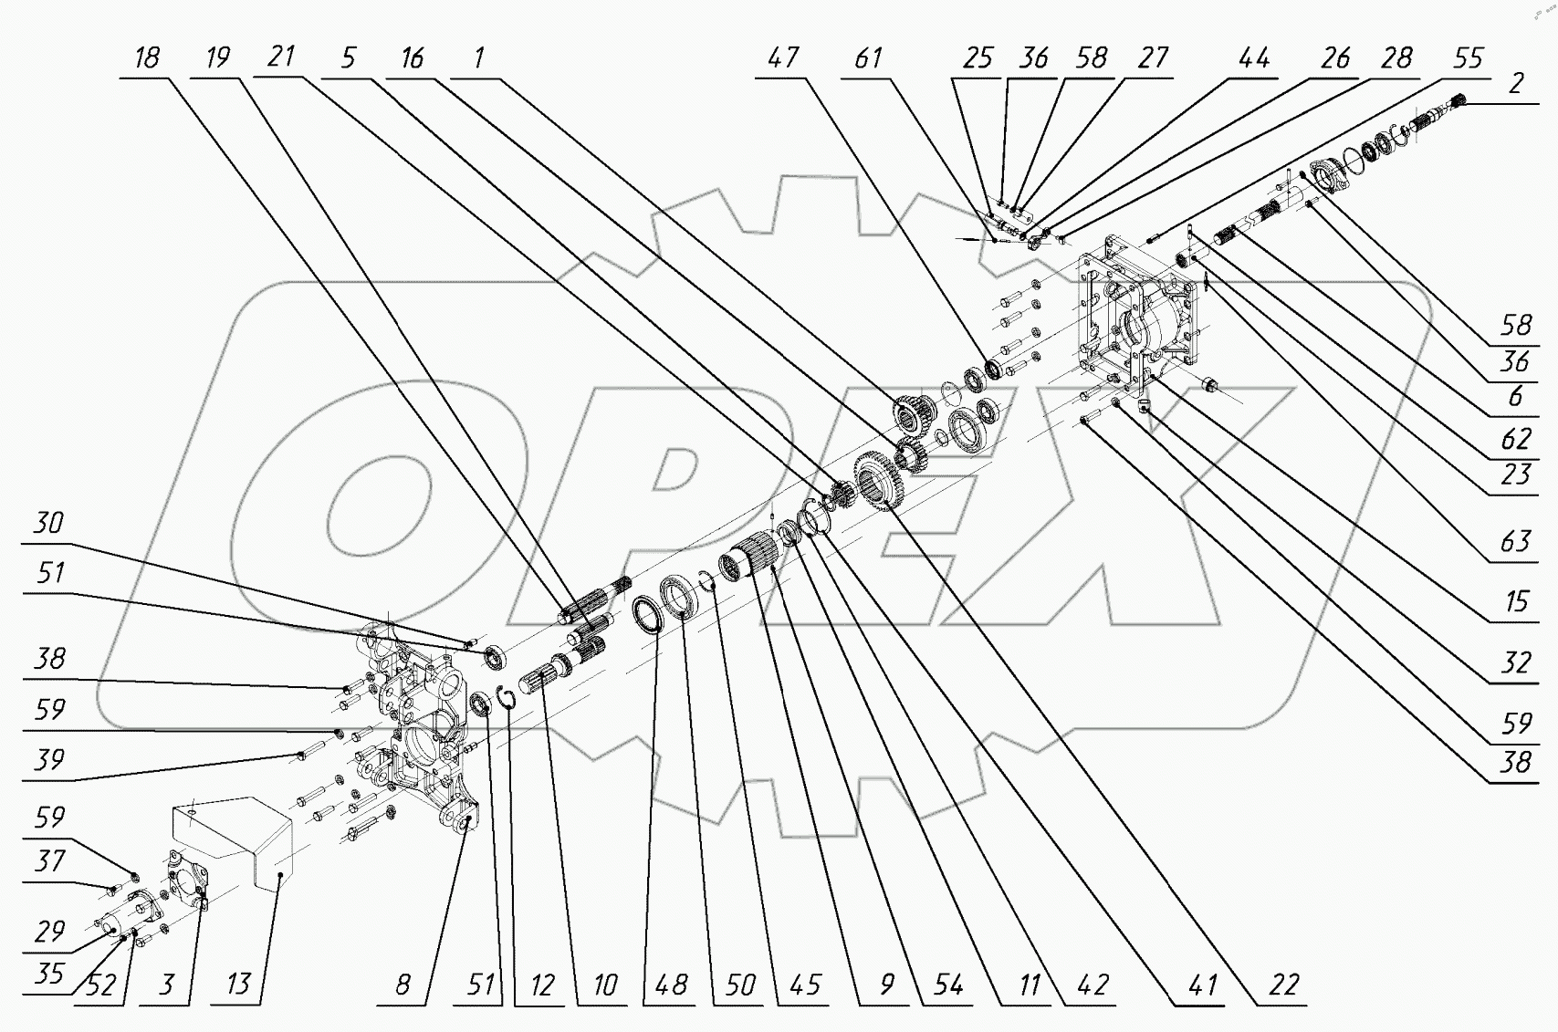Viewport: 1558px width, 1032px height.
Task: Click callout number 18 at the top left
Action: click(146, 58)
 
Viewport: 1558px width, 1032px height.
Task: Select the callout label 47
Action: click(782, 58)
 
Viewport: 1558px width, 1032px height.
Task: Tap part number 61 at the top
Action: click(868, 58)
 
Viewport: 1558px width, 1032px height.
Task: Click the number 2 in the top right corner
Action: click(1516, 83)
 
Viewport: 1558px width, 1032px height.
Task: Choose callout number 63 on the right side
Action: click(1515, 541)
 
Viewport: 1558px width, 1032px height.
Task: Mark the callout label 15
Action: click(1515, 602)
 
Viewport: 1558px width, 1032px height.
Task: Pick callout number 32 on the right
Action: click(1515, 662)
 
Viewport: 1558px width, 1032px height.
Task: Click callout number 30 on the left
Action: click(48, 523)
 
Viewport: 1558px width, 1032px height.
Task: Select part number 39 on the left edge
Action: click(48, 759)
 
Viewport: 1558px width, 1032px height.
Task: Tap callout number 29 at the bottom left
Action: click(48, 932)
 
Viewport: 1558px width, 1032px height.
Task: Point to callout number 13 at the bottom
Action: click(238, 985)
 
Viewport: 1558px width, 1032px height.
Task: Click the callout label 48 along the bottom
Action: click(672, 985)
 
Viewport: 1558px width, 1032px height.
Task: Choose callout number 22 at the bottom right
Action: click(1283, 985)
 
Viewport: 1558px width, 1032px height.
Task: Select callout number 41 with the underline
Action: click(1203, 985)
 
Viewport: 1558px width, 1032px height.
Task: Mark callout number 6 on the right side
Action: click(1515, 395)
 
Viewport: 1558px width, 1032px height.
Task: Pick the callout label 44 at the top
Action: click(1253, 58)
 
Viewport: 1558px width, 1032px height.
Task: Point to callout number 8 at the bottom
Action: click(403, 985)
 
